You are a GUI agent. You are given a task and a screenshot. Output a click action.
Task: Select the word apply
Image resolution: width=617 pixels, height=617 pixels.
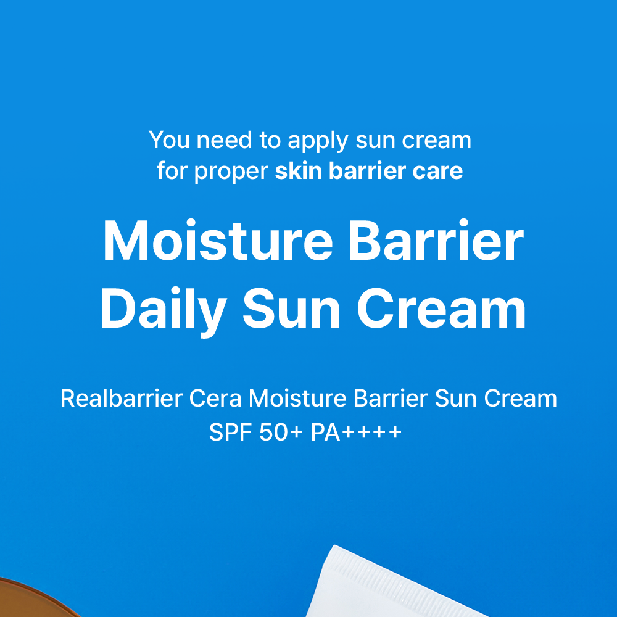[x=318, y=142]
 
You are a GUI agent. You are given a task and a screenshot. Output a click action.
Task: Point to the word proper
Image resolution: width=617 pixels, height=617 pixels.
[x=231, y=173]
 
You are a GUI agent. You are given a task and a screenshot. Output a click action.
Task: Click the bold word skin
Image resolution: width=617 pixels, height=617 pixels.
[x=298, y=170]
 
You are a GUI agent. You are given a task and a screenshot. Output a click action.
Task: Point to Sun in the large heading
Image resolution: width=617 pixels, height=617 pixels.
[x=292, y=308]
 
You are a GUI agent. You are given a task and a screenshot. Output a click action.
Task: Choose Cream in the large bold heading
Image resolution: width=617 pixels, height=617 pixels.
[x=441, y=308]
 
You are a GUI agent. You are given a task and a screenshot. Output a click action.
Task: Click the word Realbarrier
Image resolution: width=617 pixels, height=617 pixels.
[x=121, y=398]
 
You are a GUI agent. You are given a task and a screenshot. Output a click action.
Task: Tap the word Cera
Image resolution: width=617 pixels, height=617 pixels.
[x=215, y=398]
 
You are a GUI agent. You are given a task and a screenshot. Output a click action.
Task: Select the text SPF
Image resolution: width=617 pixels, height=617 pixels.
[x=230, y=432]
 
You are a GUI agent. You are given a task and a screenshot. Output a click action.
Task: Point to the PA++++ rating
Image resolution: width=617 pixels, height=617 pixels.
[x=356, y=432]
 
